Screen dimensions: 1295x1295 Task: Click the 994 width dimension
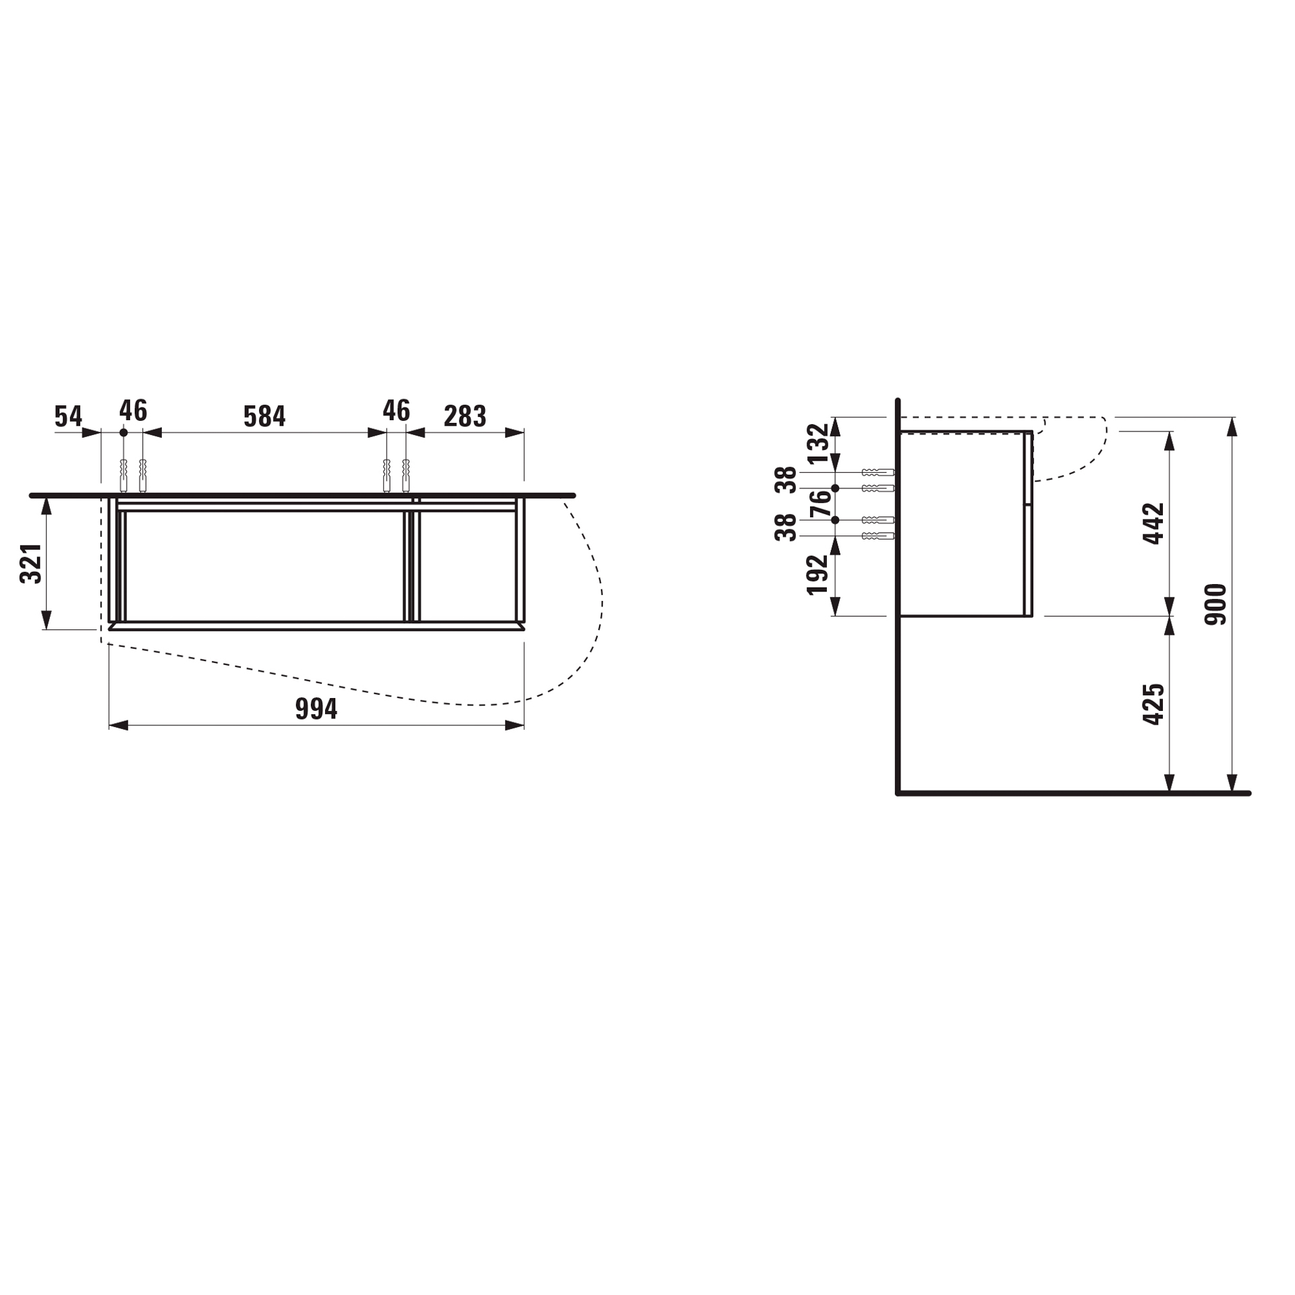[x=316, y=709]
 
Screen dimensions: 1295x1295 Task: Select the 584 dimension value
[x=264, y=416]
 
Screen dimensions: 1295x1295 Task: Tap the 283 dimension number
[x=465, y=416]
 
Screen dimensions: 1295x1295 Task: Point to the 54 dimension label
[x=68, y=416]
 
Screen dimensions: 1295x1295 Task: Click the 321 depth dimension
[x=31, y=563]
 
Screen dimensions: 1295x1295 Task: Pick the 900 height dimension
[x=1215, y=604]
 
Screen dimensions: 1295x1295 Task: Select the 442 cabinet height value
[x=1154, y=523]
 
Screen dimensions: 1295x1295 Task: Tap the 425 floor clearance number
[x=1154, y=704]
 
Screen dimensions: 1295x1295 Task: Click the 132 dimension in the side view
[x=817, y=443]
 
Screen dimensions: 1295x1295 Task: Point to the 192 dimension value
[x=817, y=574]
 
